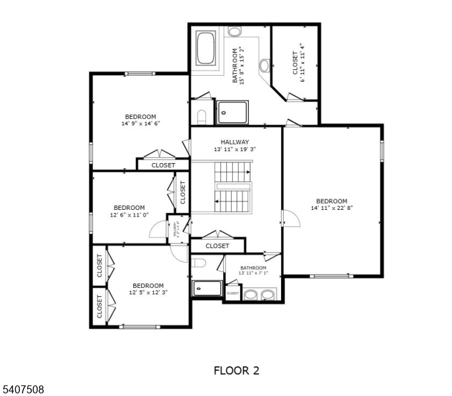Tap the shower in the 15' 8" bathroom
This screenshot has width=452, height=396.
(x=232, y=112)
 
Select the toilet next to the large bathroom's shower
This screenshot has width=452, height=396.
(x=202, y=117)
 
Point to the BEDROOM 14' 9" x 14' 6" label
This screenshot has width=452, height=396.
(x=139, y=120)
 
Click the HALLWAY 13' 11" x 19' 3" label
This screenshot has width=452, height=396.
(x=234, y=145)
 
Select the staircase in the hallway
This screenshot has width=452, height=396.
(x=232, y=187)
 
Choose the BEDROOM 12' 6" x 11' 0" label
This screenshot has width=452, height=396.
(x=129, y=211)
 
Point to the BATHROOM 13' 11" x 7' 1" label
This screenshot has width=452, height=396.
(x=253, y=270)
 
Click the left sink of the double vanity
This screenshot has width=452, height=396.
(x=251, y=294)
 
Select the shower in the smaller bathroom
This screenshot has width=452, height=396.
(x=207, y=288)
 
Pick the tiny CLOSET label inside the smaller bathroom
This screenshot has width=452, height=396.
(x=232, y=293)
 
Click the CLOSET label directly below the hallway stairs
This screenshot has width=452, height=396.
(x=217, y=246)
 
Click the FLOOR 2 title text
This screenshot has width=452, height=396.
(x=236, y=370)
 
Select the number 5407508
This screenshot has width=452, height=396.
(x=22, y=389)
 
